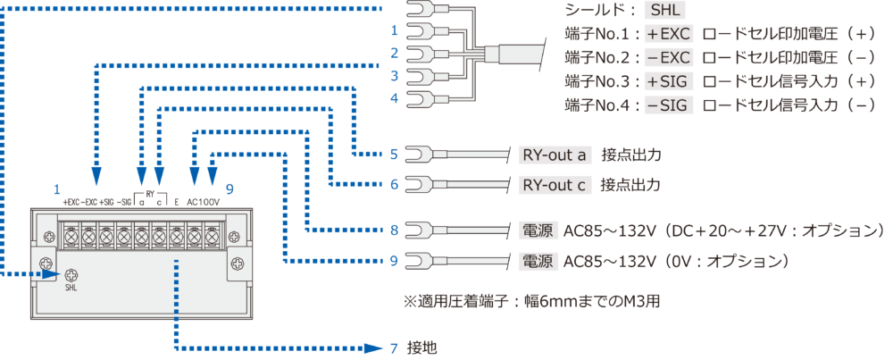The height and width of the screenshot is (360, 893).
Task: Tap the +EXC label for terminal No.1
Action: coord(669,35)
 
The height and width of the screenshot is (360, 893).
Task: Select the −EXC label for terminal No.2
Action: coord(669,58)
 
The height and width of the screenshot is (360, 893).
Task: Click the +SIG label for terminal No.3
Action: coord(669,81)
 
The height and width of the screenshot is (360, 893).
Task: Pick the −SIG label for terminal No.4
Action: coord(669,105)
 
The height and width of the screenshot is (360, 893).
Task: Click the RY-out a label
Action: coord(555,155)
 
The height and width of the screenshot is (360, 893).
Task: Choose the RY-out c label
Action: coord(555,186)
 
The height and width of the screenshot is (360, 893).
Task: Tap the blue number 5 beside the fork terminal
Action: coord(394,155)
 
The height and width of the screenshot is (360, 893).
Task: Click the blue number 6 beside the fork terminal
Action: coord(394,186)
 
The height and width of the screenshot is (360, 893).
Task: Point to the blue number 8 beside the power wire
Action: coord(394,230)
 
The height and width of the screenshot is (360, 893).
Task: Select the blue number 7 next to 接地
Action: coord(394,347)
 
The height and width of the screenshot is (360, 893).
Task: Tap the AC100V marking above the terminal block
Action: coord(204,203)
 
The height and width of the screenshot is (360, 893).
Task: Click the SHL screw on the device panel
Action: coord(71,275)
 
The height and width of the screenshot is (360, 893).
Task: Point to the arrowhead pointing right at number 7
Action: coord(378,347)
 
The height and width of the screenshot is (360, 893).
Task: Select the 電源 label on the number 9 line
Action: coord(537,262)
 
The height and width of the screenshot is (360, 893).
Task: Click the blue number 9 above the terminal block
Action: coord(230,189)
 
